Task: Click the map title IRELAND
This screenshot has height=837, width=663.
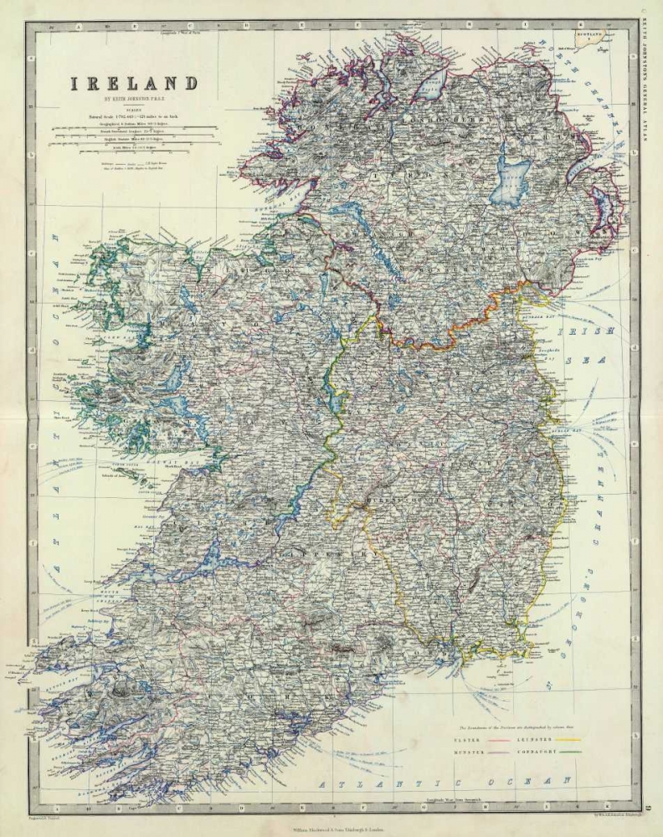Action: (x=134, y=84)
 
